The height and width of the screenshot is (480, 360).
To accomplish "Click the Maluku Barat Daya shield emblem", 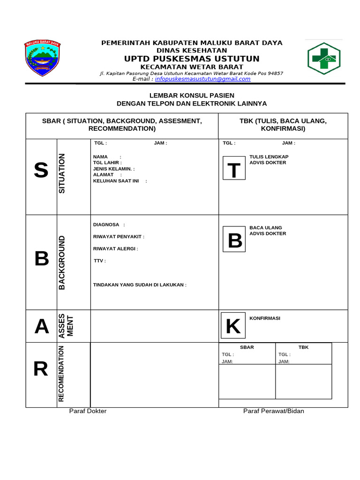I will point(42,59).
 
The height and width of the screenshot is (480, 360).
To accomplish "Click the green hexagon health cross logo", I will point(324,59).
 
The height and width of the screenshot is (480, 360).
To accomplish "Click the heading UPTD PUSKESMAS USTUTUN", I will point(192,59).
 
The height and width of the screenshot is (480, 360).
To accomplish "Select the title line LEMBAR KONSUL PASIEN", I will point(192,95).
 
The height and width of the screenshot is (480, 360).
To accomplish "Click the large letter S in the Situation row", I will point(41,170).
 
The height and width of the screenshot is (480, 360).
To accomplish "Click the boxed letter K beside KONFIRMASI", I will point(233,327).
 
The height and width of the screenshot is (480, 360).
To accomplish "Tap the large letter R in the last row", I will point(41,370).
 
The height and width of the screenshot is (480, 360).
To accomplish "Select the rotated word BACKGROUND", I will point(62,262).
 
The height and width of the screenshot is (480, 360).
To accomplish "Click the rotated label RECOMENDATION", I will point(61,374).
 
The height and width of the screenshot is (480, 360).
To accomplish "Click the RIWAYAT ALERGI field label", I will point(115,248).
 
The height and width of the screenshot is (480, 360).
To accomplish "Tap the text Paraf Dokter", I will point(88,411).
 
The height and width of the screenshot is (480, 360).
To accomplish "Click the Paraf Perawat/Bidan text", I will point(273,411).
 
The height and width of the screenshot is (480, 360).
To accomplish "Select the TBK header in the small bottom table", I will point(304,347).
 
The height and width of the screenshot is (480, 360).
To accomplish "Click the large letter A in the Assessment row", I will point(42,327).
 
